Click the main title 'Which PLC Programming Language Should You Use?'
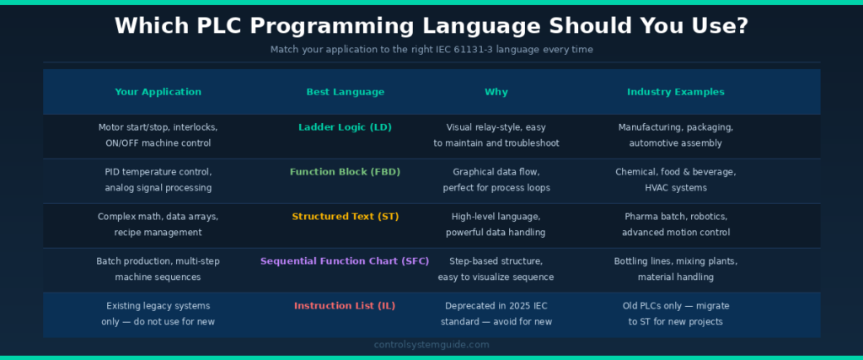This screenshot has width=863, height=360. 431,25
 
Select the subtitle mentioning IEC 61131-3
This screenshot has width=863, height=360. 431,50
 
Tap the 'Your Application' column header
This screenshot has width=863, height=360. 158,92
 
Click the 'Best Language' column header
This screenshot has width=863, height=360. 345,92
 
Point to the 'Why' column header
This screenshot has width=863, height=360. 496,92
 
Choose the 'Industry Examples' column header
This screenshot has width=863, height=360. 675,92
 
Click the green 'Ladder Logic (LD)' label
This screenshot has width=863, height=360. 345,127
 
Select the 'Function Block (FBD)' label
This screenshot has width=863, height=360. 345,172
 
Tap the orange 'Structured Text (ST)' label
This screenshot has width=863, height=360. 345,217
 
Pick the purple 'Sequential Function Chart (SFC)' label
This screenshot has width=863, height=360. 345,261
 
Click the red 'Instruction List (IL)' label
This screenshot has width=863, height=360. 345,306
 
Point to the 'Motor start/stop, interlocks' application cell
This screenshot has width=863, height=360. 158,135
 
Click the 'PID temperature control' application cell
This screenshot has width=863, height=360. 158,180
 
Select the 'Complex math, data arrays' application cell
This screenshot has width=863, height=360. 158,224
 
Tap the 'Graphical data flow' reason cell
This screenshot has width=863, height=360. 496,180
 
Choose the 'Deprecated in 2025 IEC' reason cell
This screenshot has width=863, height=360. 496,314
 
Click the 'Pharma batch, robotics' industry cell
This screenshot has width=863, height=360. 675,224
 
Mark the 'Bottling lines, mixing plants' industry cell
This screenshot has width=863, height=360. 675,269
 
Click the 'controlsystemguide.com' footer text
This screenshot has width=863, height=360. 431,345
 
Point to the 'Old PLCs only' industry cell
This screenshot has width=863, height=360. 675,314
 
